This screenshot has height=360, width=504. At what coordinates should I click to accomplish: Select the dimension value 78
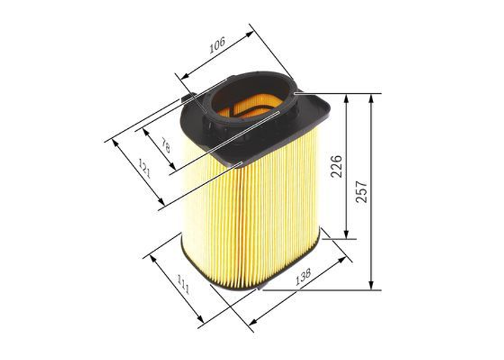(x=165, y=145)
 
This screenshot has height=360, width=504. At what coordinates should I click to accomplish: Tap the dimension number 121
(x=144, y=168)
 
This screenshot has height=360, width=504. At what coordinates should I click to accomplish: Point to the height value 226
(x=337, y=166)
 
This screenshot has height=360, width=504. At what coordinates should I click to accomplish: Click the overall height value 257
(x=362, y=191)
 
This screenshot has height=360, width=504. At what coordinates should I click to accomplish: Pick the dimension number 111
(x=183, y=284)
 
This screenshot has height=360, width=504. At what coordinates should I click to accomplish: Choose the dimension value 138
(x=303, y=277)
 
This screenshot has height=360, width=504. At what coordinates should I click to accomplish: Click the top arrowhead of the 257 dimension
(x=371, y=99)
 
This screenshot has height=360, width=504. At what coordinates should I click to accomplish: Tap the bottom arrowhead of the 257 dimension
(x=371, y=285)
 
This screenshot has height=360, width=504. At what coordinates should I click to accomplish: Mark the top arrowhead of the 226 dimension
(x=346, y=99)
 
